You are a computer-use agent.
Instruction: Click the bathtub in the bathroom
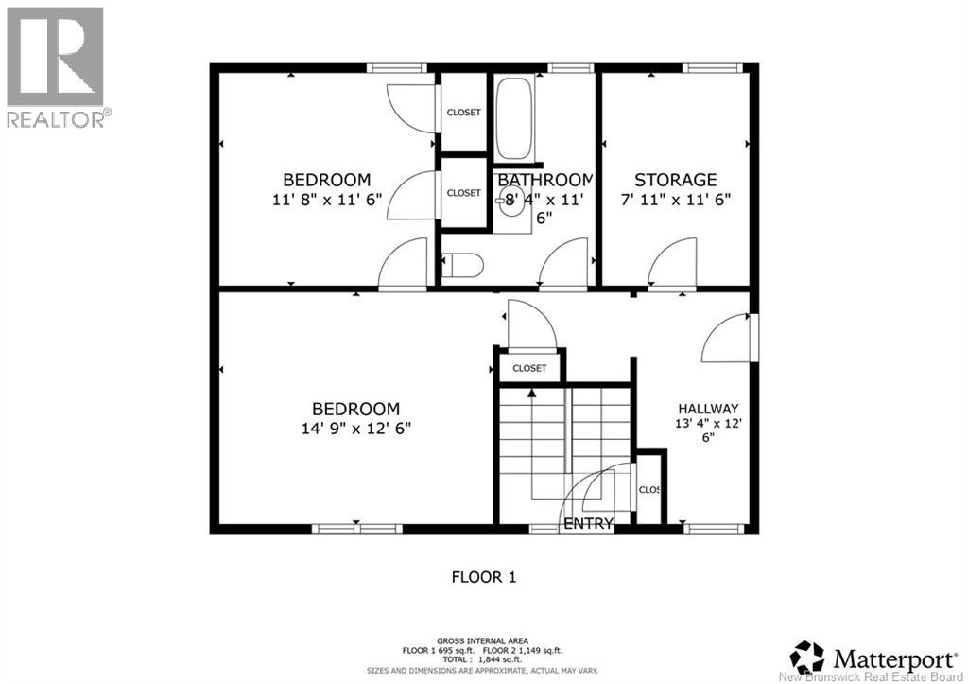point(514,118)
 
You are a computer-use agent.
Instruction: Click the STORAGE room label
point(675,180)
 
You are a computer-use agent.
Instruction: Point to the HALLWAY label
point(707,409)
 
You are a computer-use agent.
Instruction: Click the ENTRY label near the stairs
point(588,523)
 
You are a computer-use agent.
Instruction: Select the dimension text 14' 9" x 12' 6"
point(355,428)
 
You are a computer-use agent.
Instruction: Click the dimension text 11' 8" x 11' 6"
point(326,199)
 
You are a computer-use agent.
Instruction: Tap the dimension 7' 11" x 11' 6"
point(675,199)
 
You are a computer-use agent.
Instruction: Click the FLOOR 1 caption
point(483,576)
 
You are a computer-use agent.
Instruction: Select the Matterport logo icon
point(807,656)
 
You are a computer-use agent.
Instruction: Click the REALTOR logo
point(56,67)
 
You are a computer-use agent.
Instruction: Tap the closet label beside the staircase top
point(529,368)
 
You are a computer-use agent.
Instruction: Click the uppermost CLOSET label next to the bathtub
point(463,113)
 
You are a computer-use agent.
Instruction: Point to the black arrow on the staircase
point(531,393)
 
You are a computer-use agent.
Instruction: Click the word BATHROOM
point(544,180)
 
